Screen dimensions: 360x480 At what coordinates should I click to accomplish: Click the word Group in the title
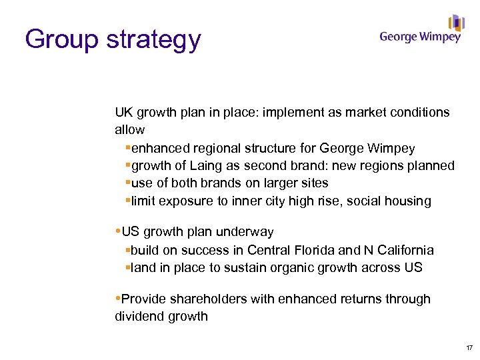[61, 41]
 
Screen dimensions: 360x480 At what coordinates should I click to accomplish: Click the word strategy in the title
[153, 41]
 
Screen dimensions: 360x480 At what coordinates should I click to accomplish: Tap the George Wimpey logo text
[420, 37]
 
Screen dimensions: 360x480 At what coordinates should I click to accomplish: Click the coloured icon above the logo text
[456, 23]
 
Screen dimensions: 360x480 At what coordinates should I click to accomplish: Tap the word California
[403, 250]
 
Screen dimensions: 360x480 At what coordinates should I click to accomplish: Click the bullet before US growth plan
[117, 231]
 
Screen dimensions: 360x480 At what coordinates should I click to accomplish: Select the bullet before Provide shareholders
[117, 298]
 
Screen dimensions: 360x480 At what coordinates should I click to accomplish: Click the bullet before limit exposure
[127, 201]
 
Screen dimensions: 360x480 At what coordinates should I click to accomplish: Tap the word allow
[129, 129]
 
